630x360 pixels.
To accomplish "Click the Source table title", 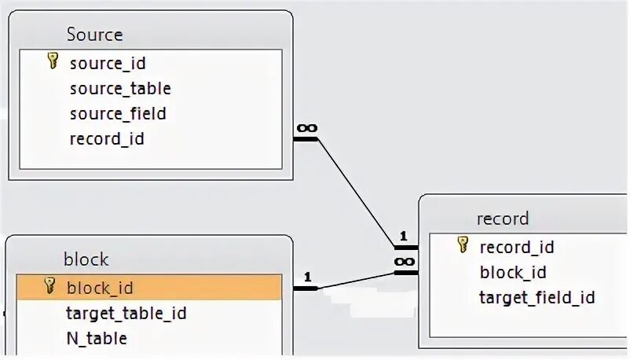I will click(x=94, y=35).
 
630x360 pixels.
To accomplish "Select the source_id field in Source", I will click(x=108, y=63).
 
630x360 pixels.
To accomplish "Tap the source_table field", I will click(x=120, y=88).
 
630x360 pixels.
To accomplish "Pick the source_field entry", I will click(x=118, y=113).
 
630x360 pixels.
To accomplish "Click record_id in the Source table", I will click(x=107, y=139).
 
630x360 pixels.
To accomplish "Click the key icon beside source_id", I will click(x=53, y=61).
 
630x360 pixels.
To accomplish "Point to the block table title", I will click(x=86, y=259).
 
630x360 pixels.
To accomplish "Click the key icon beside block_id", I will click(x=49, y=285).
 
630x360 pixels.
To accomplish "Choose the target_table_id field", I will click(x=126, y=314).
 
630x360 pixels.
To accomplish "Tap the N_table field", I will click(x=97, y=339).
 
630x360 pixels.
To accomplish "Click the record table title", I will click(x=503, y=219).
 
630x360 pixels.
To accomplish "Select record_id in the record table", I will click(x=517, y=247).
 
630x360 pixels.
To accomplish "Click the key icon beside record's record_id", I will click(x=463, y=245).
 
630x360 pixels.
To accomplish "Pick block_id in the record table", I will click(x=513, y=272).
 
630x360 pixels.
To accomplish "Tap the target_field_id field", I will click(x=537, y=297).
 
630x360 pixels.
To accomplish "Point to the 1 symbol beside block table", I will click(x=307, y=277).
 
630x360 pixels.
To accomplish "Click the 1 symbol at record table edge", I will click(x=403, y=236).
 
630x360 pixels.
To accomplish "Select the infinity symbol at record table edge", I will click(x=404, y=260).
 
